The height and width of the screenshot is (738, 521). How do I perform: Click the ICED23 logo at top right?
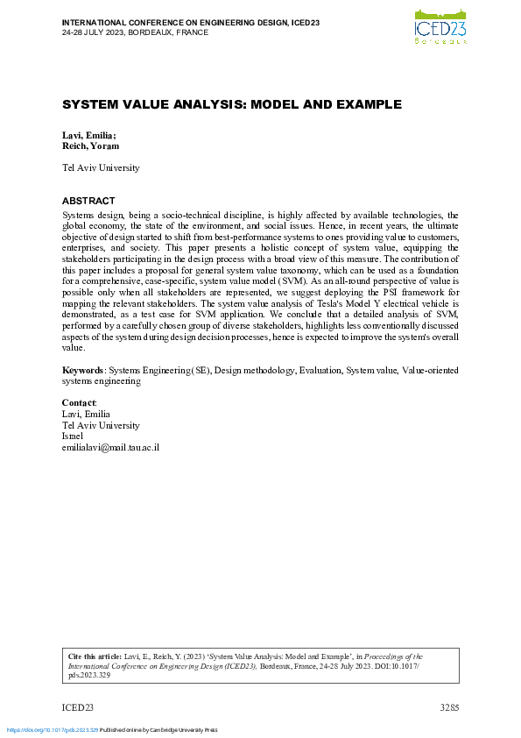click(x=440, y=25)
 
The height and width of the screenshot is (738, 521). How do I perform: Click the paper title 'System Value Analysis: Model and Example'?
click(x=231, y=104)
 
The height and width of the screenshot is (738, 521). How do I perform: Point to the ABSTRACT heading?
click(x=88, y=201)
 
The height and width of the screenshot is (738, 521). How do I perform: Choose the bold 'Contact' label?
click(x=80, y=403)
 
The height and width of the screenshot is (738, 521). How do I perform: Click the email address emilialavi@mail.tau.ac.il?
click(x=110, y=447)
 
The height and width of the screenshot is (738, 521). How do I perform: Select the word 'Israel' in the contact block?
click(x=74, y=436)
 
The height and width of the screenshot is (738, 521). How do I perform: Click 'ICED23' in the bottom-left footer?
click(x=77, y=707)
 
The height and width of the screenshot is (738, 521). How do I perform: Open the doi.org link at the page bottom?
click(x=52, y=729)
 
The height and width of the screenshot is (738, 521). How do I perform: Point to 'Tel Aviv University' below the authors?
click(x=101, y=167)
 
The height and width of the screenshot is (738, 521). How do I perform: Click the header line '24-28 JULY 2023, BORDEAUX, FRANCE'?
click(x=135, y=32)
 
